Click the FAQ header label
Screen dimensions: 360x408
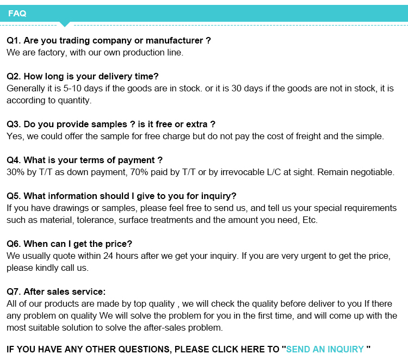pyautogui.click(x=17, y=14)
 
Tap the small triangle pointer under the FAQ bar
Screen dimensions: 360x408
pyautogui.click(x=65, y=24)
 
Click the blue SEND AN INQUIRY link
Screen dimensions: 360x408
pyautogui.click(x=325, y=349)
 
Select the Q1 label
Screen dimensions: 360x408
pyautogui.click(x=13, y=40)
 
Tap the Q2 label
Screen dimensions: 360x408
pyautogui.click(x=13, y=76)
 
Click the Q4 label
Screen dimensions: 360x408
pyautogui.click(x=13, y=160)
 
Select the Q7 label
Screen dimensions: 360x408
pyautogui.click(x=13, y=291)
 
